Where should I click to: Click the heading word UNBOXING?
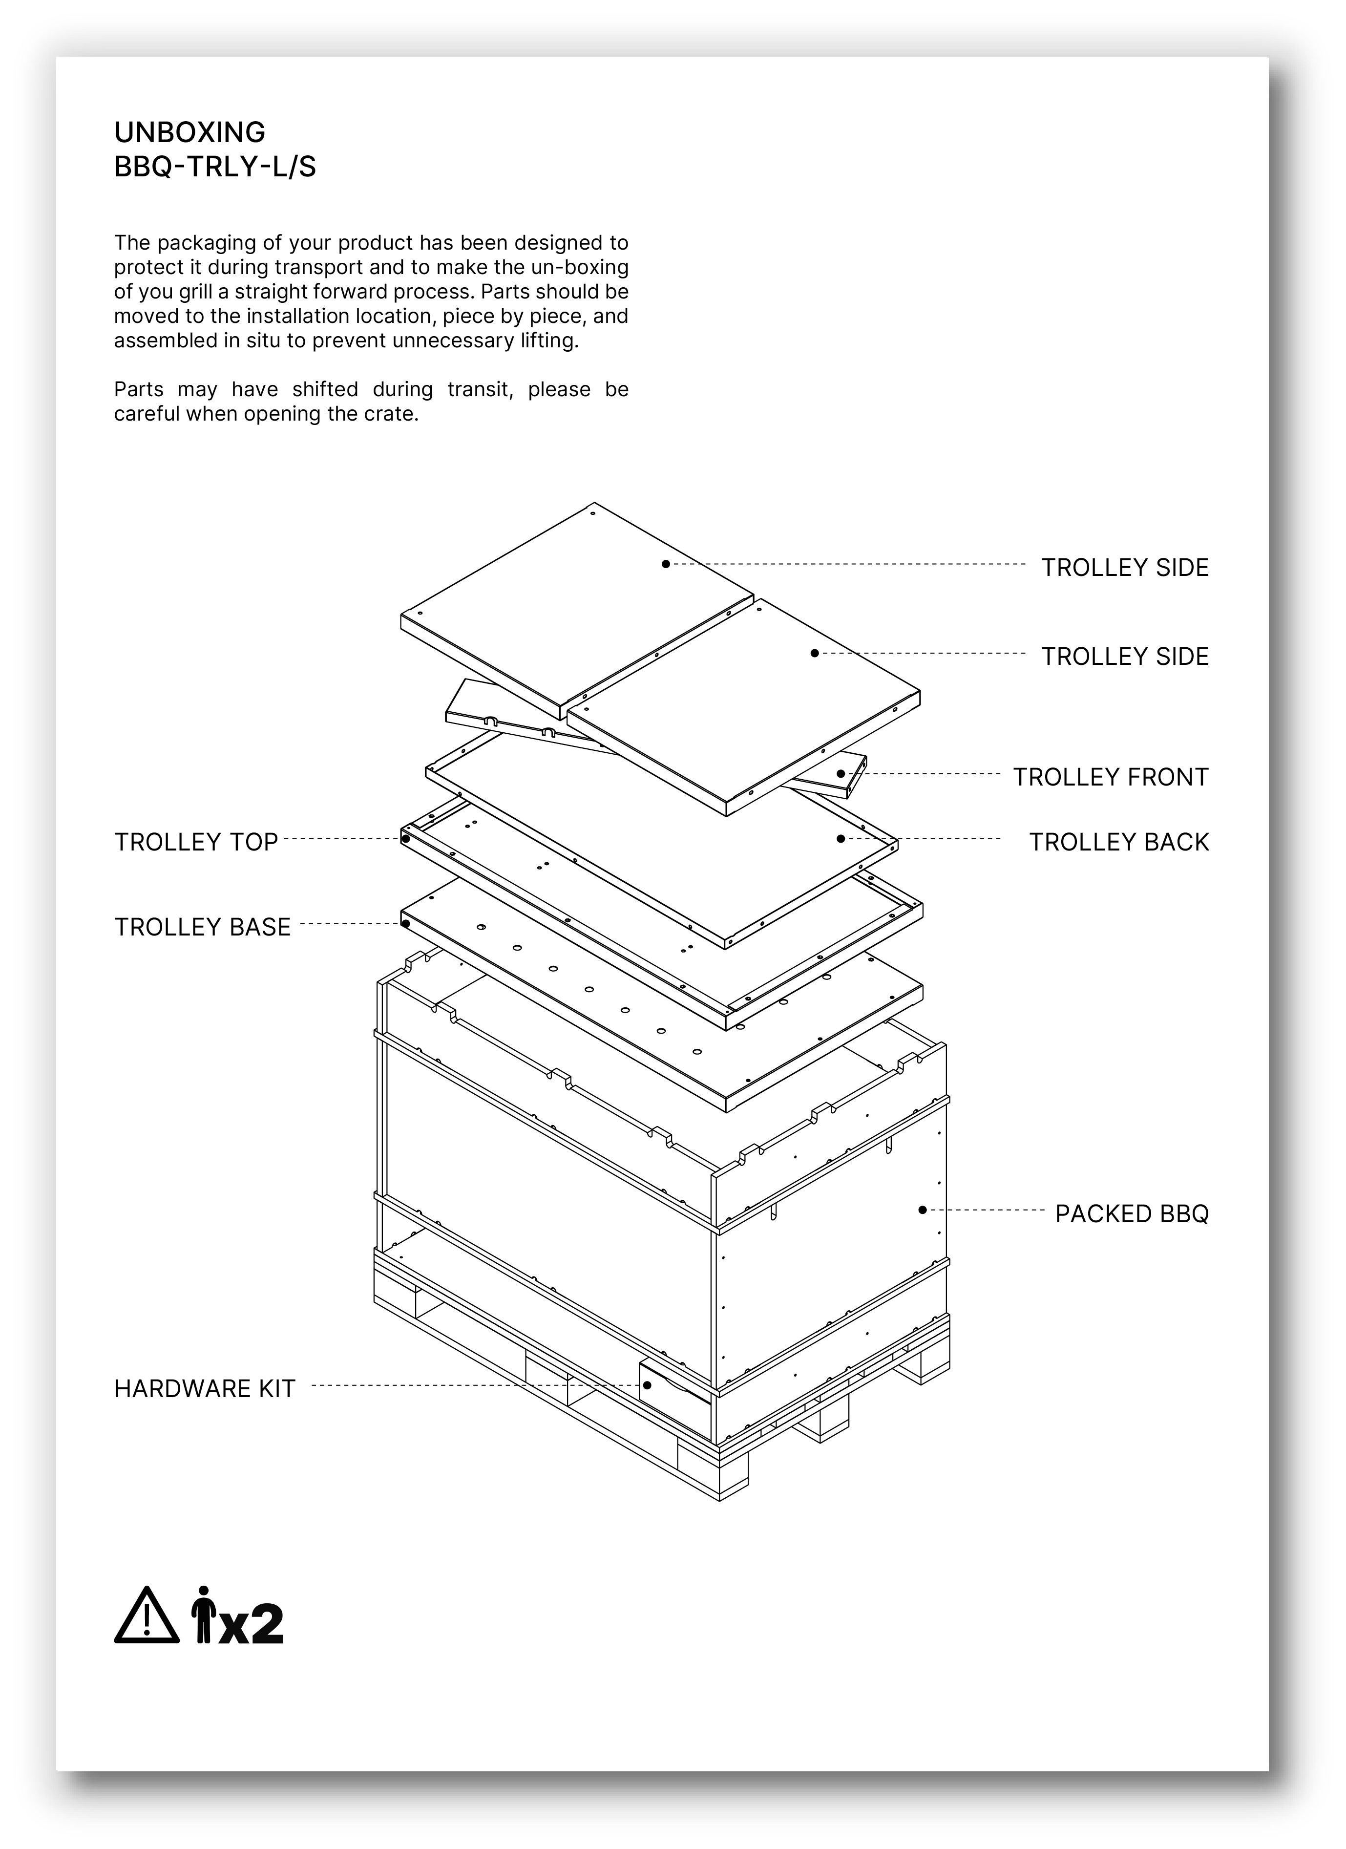tap(189, 132)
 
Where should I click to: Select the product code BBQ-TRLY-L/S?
tap(214, 167)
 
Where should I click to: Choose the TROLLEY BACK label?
tap(1118, 842)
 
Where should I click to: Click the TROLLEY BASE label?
tap(202, 928)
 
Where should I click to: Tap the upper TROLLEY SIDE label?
tap(1124, 568)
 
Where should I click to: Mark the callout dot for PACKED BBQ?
tap(922, 1210)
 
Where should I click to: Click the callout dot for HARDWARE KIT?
tap(647, 1385)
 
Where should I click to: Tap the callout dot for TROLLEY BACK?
tap(840, 838)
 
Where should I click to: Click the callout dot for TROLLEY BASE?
tap(405, 924)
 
